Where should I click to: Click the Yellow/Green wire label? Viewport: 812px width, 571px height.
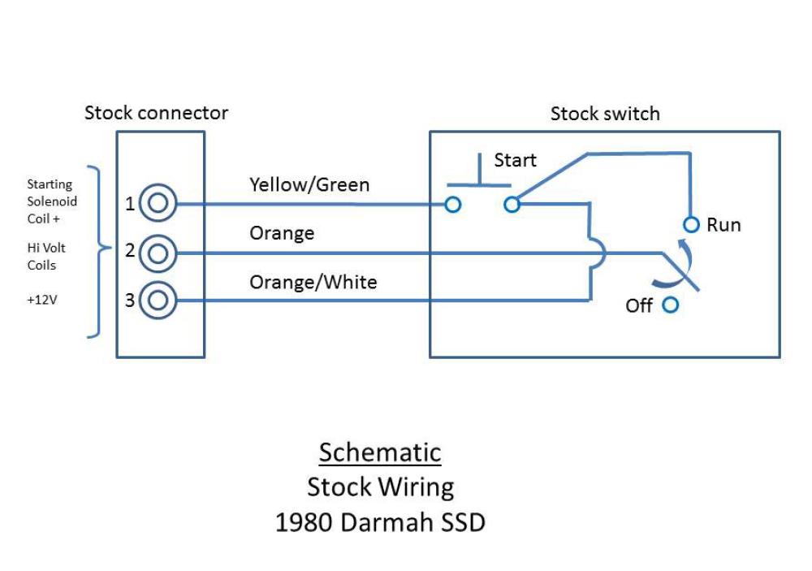[309, 185]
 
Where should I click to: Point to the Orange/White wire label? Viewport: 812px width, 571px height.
[313, 283]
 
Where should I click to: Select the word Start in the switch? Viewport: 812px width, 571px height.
[515, 160]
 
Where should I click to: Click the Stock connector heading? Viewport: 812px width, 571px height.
[156, 113]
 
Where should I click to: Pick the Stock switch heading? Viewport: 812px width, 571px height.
[605, 114]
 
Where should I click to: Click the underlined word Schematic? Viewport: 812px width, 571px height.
[380, 452]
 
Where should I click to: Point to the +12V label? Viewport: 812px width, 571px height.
[42, 300]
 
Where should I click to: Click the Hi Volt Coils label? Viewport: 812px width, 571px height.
[46, 257]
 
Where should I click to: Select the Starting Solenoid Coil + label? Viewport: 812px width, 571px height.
[52, 201]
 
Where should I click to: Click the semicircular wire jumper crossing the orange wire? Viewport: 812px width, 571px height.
[604, 253]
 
